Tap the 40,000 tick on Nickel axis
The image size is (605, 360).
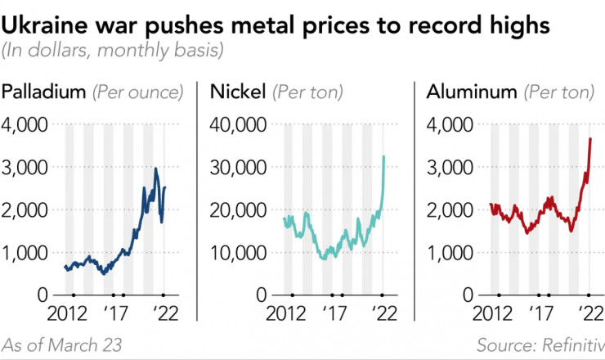click(237, 124)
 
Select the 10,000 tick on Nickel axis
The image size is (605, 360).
click(237, 252)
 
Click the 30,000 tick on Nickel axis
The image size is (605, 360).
click(237, 167)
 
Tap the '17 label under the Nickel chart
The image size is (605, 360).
click(333, 313)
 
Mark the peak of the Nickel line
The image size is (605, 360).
click(383, 156)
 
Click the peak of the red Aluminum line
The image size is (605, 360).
click(590, 139)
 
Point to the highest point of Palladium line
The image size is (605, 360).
click(156, 169)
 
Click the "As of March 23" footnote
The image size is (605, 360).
click(62, 345)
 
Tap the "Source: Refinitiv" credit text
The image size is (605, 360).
click(540, 345)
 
